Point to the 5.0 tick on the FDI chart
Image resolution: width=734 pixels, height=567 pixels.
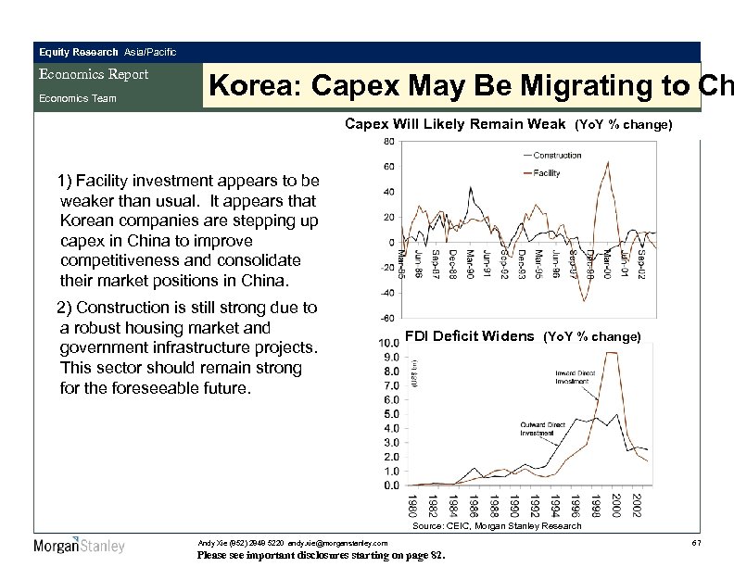(x=392, y=413)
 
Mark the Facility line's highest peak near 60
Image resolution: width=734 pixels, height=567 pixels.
(x=606, y=164)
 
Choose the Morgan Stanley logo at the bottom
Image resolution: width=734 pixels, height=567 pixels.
(x=79, y=546)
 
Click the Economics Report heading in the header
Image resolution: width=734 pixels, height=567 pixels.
(x=93, y=75)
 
